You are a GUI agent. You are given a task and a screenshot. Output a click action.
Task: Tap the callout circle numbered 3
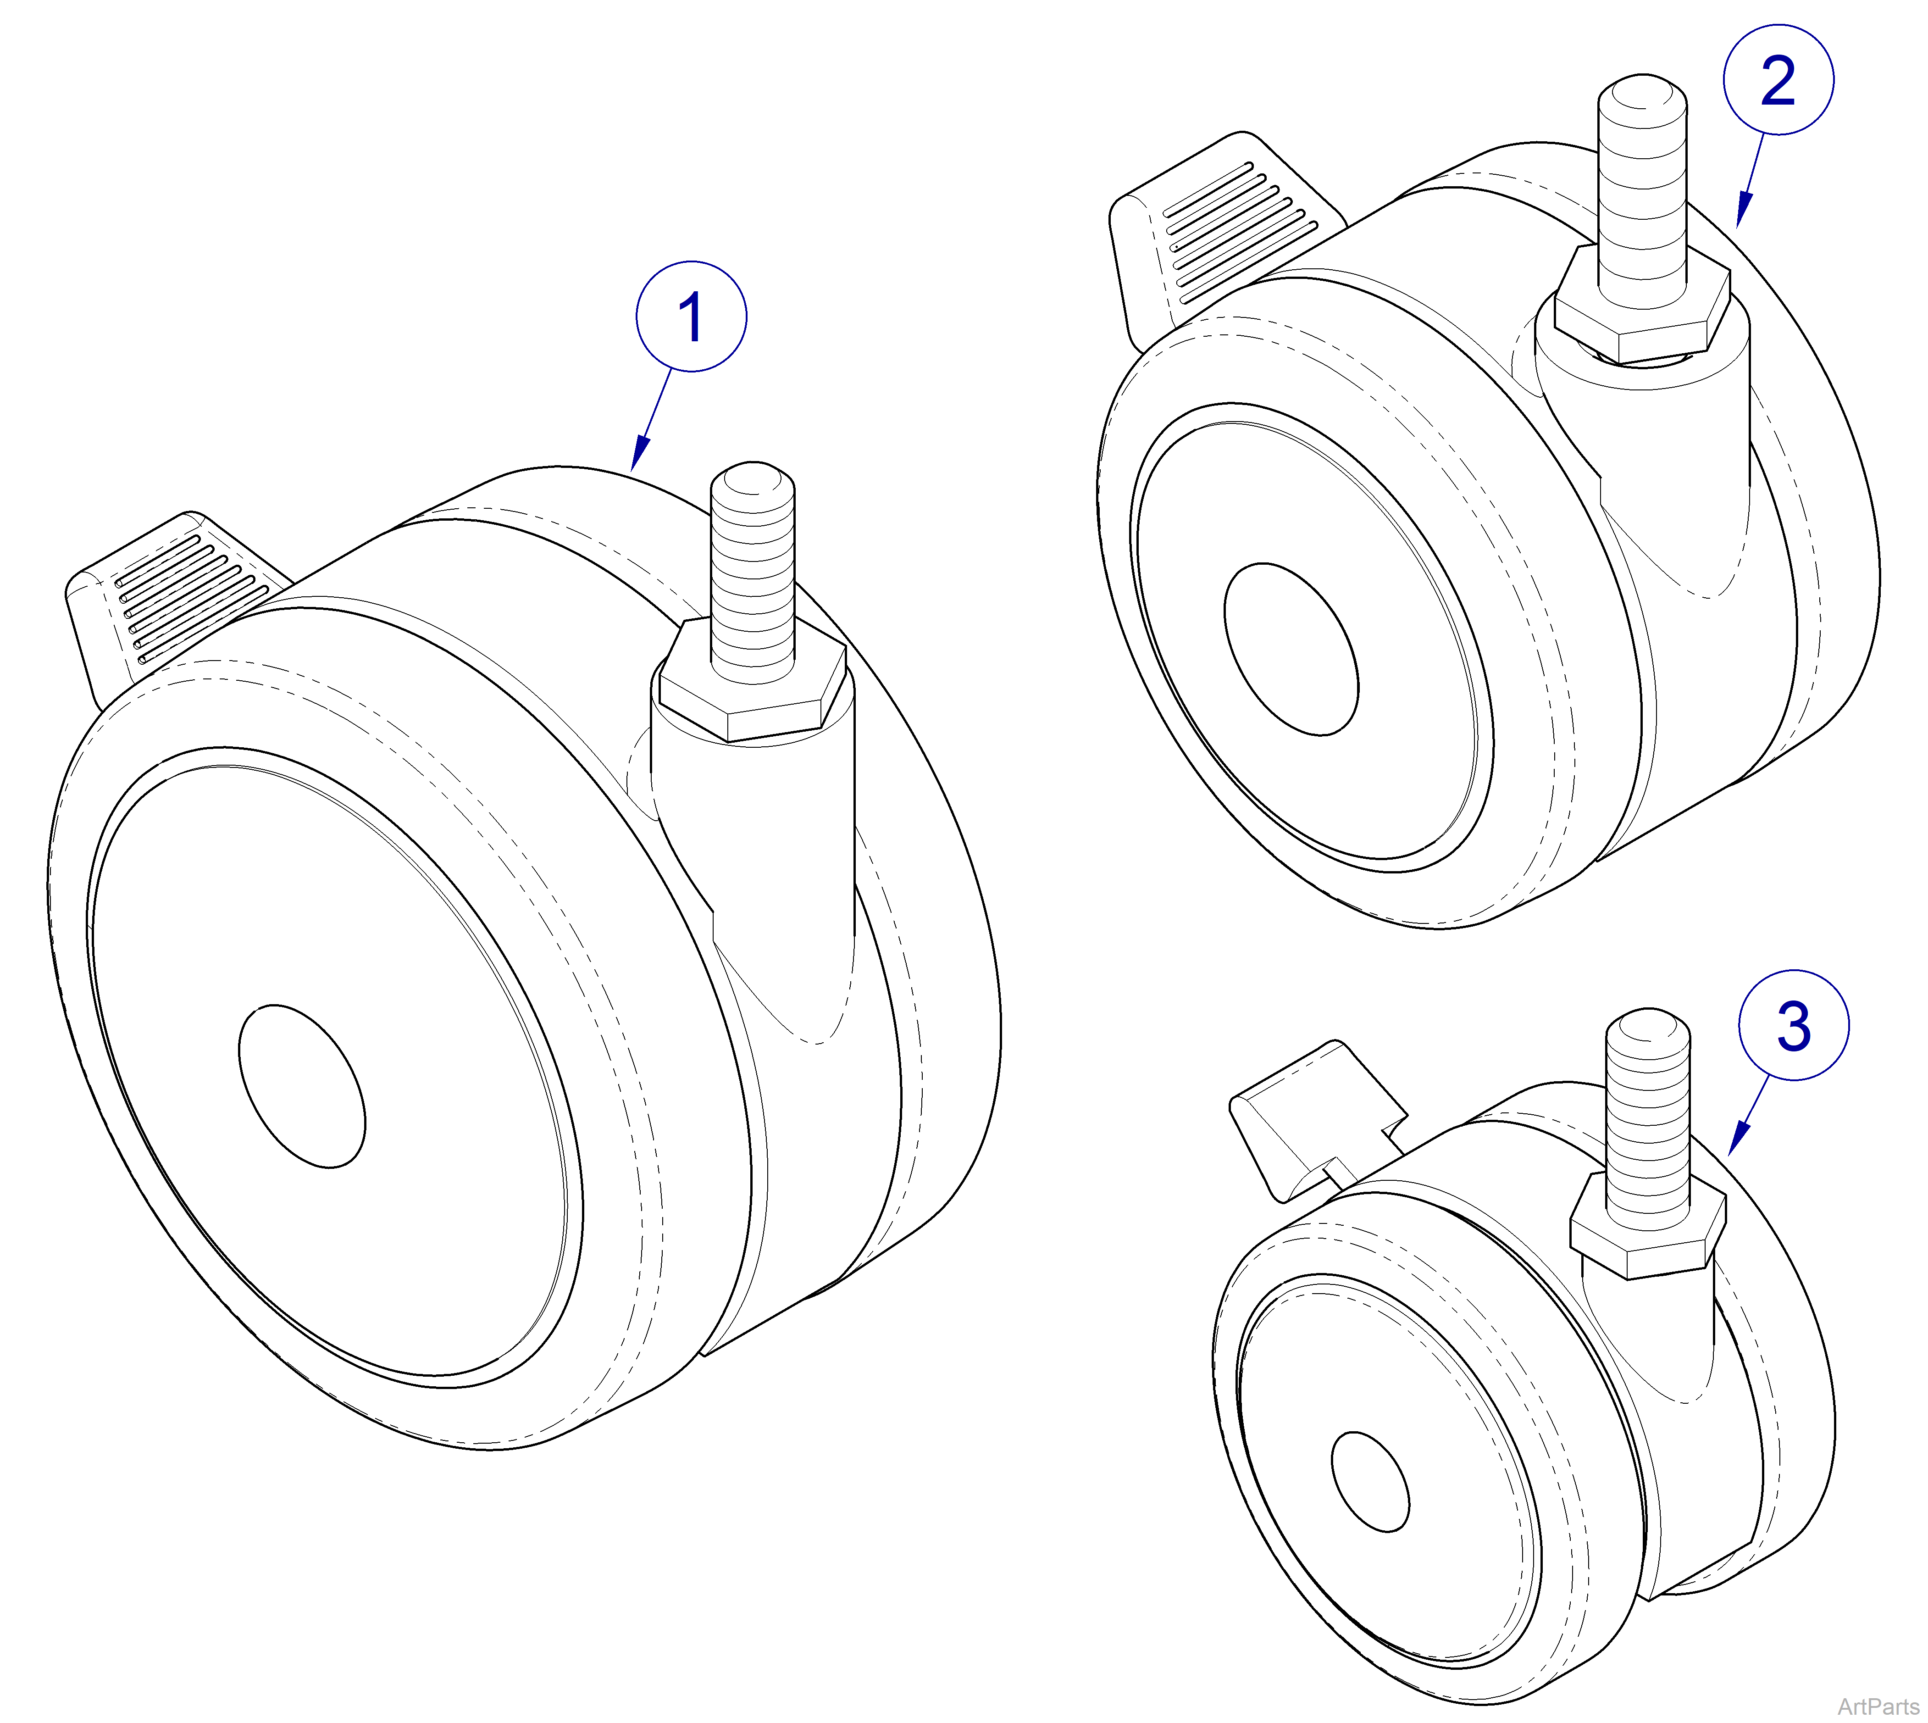1793,1024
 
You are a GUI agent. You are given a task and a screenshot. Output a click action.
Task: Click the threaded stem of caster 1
753,578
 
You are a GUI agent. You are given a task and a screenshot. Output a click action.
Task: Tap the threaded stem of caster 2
1642,189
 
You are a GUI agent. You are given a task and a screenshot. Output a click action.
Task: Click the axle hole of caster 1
302,1086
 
